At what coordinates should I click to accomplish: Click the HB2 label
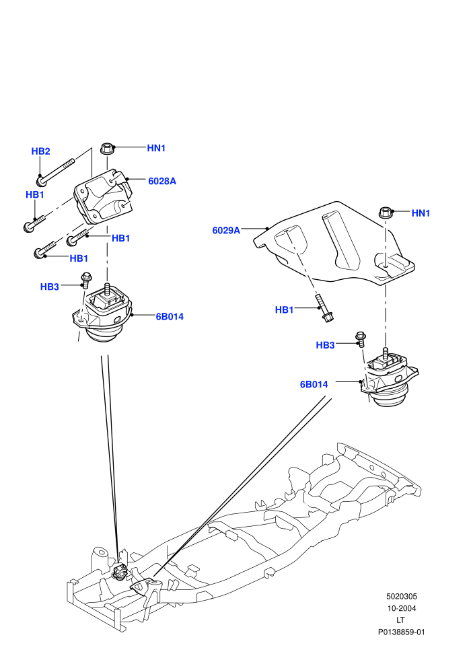(41, 151)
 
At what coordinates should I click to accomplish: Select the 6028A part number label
(161, 181)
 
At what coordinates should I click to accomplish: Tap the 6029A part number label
(226, 230)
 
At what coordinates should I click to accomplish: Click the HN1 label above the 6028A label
(156, 148)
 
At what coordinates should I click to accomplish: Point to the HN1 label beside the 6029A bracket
(421, 213)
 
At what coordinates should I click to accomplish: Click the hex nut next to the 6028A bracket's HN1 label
(106, 149)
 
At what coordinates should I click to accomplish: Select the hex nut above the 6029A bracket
(385, 212)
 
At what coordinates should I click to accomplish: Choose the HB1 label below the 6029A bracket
(284, 309)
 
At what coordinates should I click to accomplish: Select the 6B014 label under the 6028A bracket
(170, 316)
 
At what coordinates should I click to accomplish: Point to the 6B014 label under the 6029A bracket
(314, 384)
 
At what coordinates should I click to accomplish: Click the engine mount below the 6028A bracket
(102, 313)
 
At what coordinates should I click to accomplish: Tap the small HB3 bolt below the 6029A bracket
(361, 339)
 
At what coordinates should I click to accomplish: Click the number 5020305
(401, 596)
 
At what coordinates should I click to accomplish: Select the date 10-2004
(401, 608)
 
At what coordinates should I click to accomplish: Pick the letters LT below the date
(400, 620)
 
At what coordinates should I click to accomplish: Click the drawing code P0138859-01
(401, 632)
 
